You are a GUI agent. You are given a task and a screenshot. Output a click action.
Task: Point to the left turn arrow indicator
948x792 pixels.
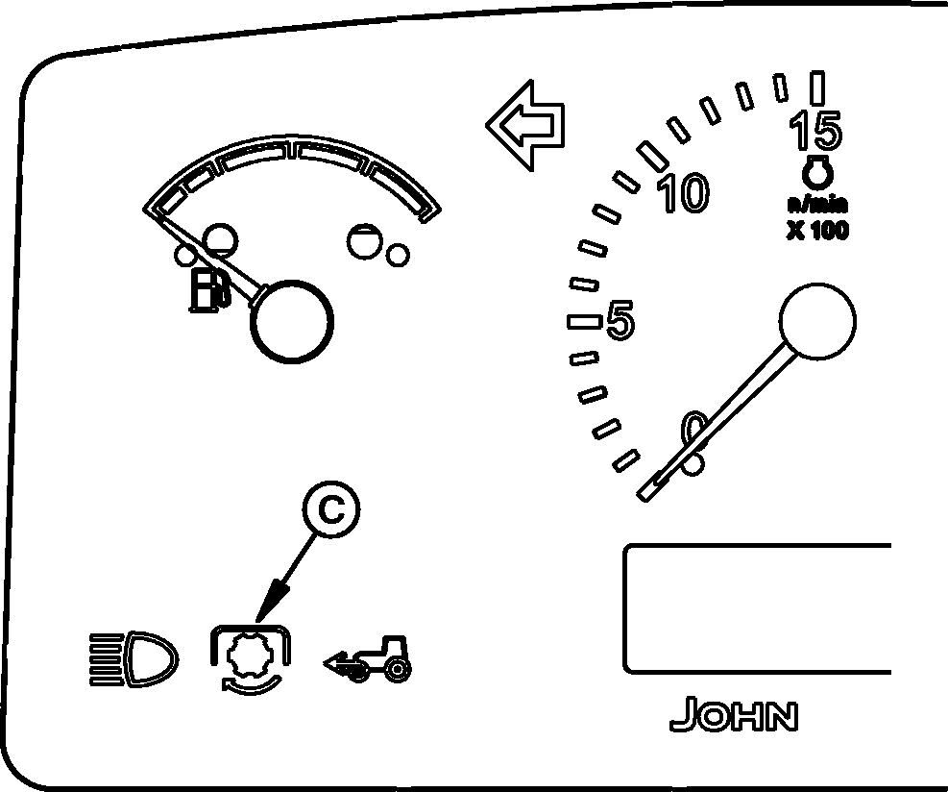pos(525,125)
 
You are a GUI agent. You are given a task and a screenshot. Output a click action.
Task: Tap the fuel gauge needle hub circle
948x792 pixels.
pos(289,322)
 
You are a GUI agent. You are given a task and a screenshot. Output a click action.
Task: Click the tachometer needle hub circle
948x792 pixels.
pos(816,321)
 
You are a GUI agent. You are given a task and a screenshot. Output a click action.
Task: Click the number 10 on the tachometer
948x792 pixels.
pos(683,193)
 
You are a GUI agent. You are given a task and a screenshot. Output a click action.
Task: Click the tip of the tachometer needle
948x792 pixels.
pos(644,494)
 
